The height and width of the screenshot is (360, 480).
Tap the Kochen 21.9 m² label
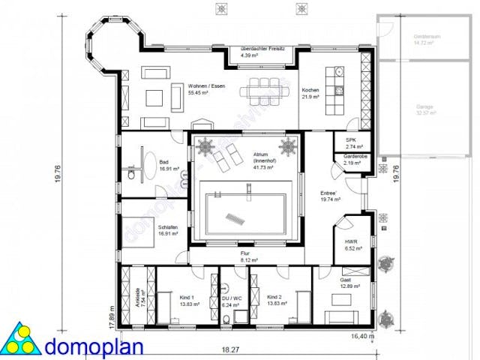[310, 94]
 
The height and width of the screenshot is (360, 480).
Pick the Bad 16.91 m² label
[166, 166]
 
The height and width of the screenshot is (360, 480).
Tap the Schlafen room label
[166, 229]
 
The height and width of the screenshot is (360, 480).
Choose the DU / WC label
[230, 302]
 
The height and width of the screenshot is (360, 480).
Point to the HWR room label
[349, 244]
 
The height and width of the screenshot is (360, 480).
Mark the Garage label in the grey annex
[425, 110]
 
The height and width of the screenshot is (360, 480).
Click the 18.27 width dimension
[230, 349]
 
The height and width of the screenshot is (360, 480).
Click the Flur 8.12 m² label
[244, 257]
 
